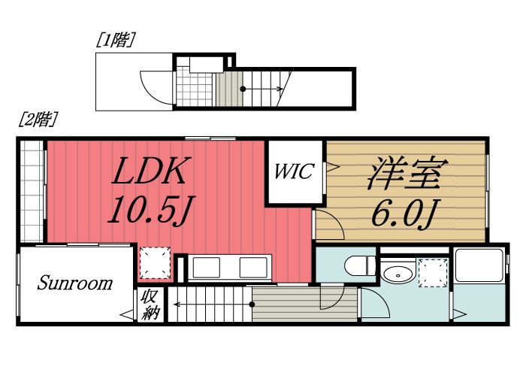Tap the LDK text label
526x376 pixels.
[150, 173]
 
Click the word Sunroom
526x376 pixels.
[75, 284]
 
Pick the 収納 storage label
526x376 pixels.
[150, 305]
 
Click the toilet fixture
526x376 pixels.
[358, 265]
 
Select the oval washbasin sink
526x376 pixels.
[396, 273]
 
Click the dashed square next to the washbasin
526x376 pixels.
[433, 271]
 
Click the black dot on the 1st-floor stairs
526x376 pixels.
[243, 89]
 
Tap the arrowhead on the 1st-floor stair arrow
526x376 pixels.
[280, 89]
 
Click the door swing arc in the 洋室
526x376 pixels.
[328, 224]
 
